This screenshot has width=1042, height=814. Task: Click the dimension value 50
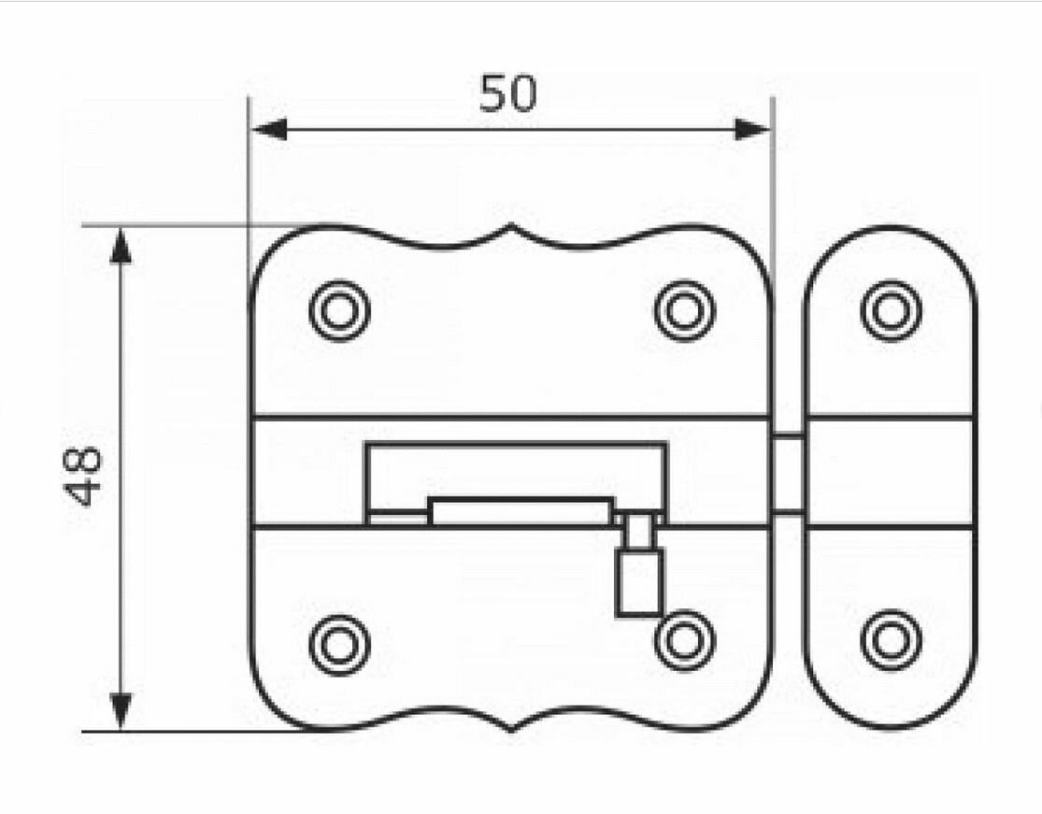(509, 93)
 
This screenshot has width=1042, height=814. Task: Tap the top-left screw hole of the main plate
(339, 310)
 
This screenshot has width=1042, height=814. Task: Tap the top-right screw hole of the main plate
(684, 310)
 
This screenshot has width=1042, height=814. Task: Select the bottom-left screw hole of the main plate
(339, 642)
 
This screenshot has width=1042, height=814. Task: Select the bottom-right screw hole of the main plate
(684, 642)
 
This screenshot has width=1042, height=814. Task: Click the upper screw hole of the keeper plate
(891, 310)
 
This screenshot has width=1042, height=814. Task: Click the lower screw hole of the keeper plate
(891, 642)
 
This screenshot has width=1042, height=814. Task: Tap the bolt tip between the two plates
(789, 473)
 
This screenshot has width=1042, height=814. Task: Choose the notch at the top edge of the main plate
(511, 234)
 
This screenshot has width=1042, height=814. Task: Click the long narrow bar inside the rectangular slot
(520, 511)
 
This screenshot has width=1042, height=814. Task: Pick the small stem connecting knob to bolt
(638, 533)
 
